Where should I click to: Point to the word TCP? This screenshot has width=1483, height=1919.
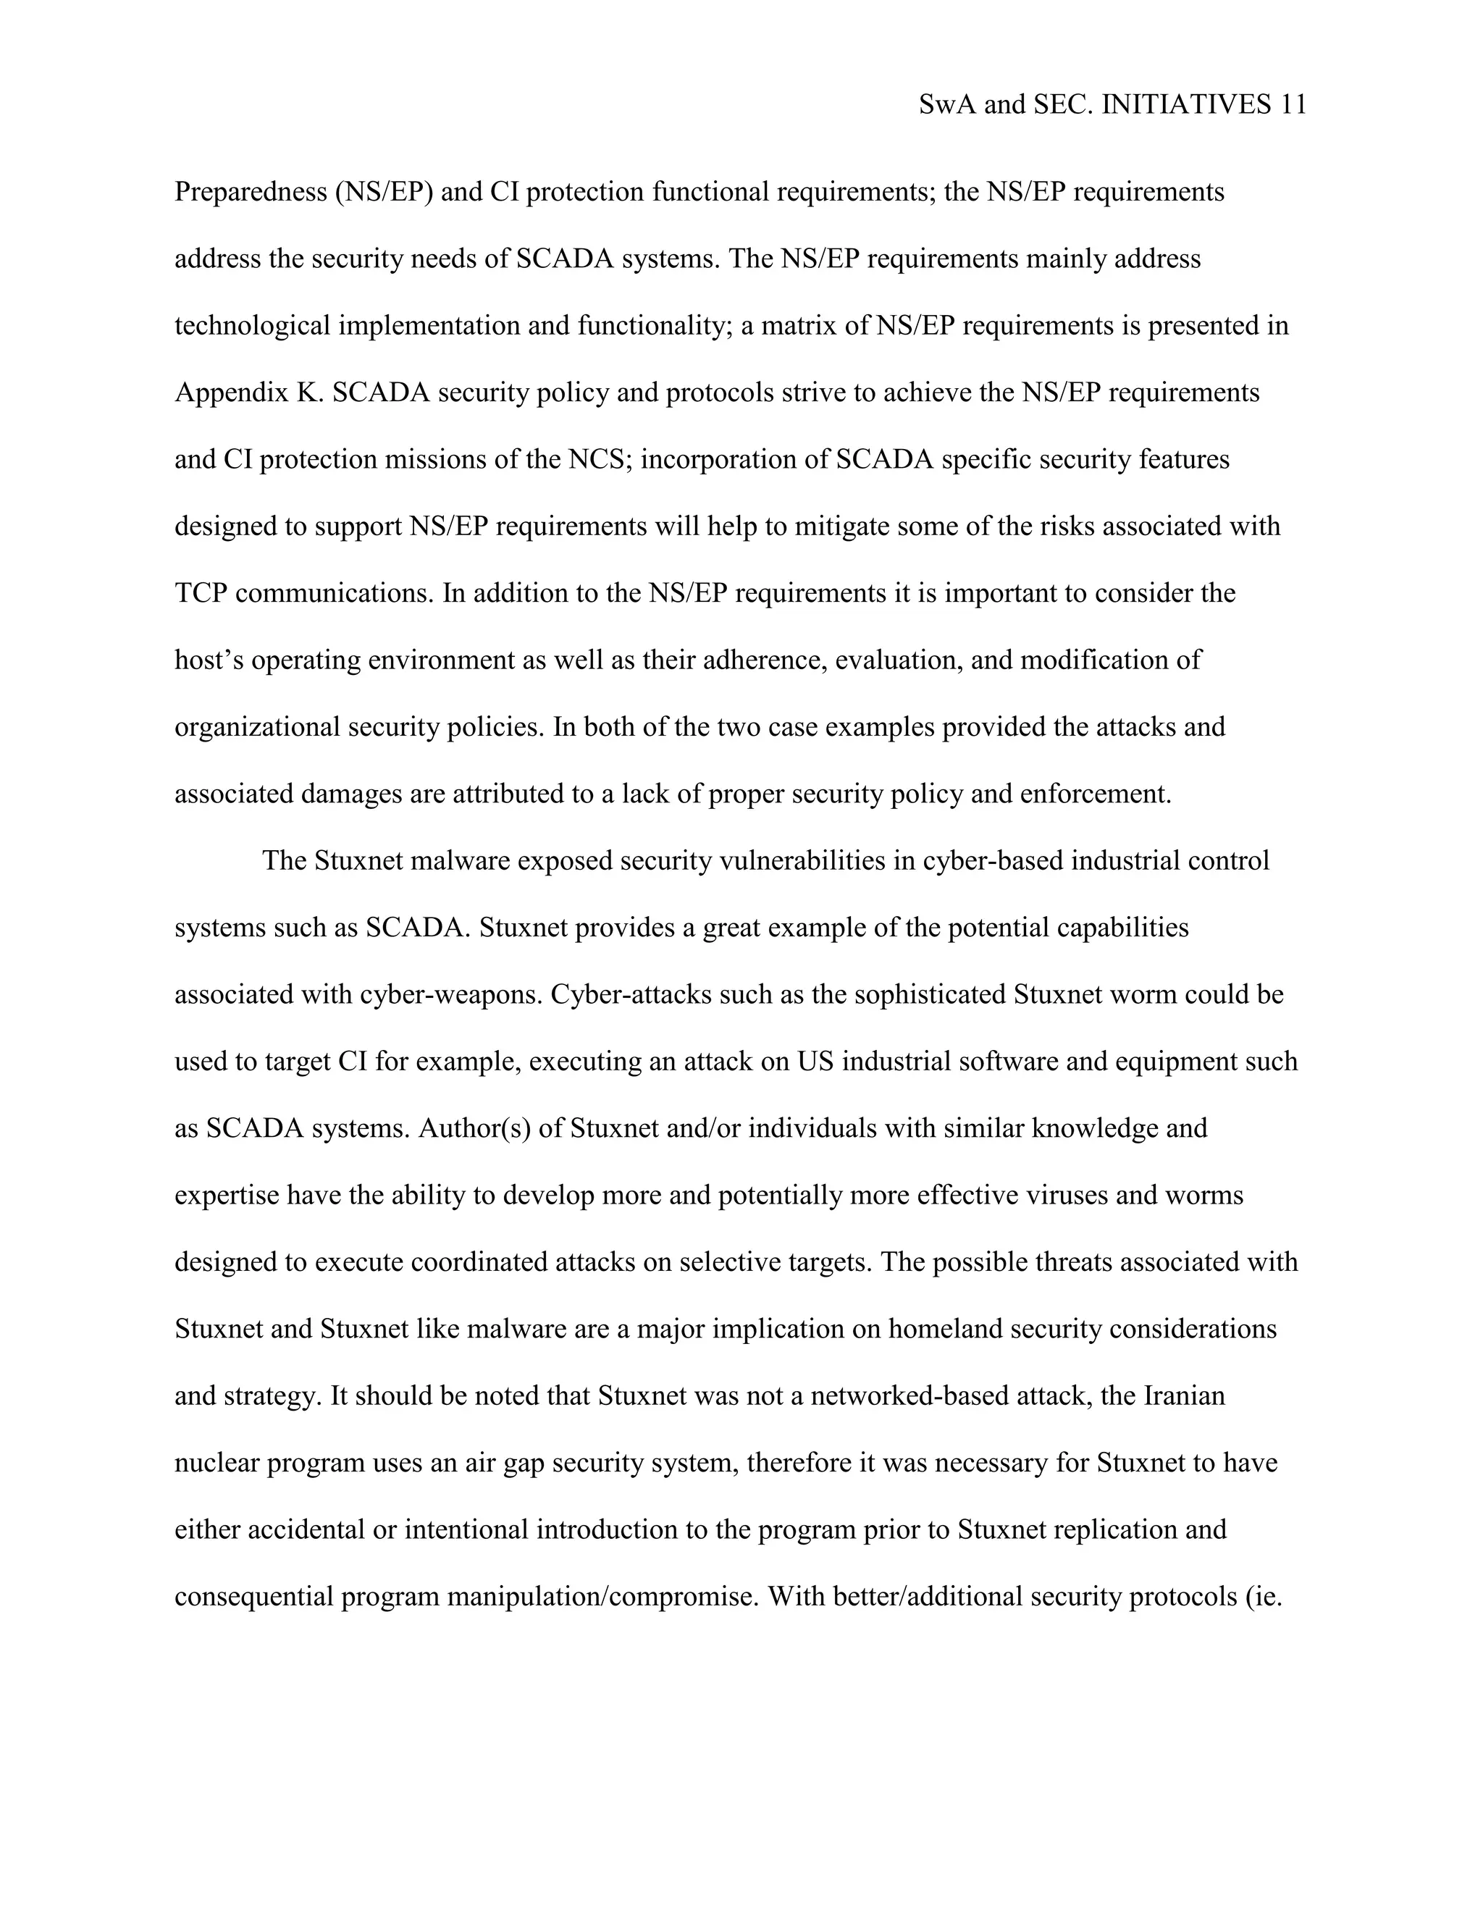(x=201, y=593)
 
